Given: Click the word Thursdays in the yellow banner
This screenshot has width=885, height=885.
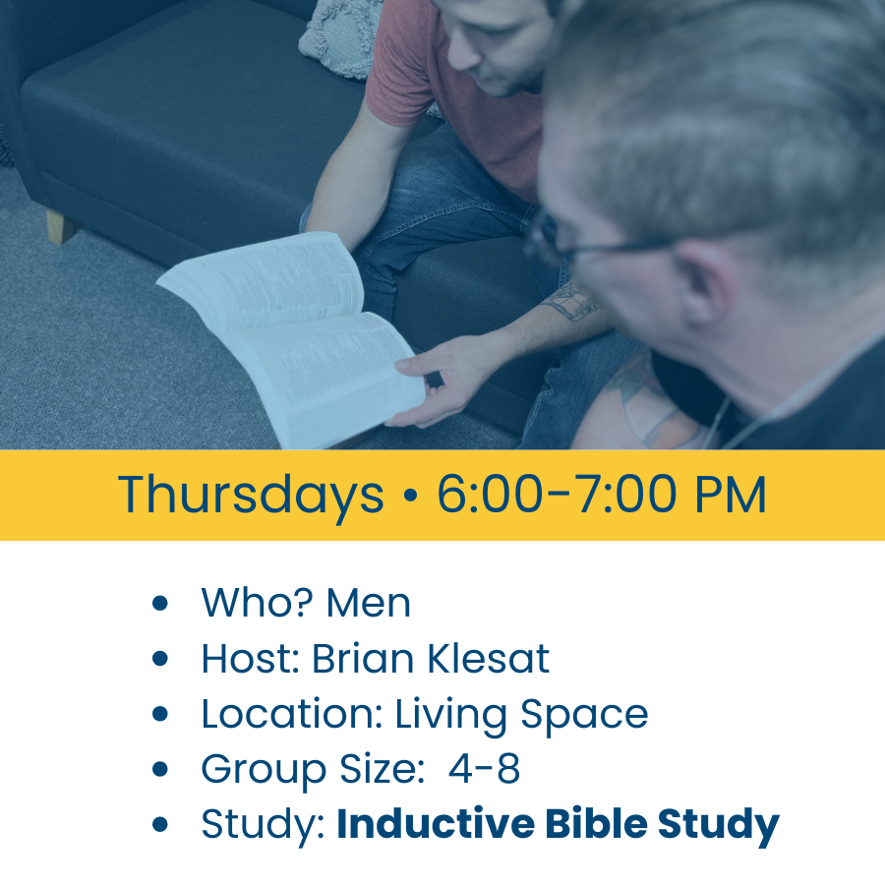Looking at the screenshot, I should pyautogui.click(x=251, y=495).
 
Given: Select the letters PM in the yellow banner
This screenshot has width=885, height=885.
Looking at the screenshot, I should pyautogui.click(x=730, y=495).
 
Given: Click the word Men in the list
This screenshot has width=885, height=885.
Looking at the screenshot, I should pyautogui.click(x=369, y=603).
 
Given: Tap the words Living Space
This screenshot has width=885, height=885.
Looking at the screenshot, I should pyautogui.click(x=521, y=715).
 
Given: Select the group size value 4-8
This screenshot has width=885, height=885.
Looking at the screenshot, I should pyautogui.click(x=484, y=769).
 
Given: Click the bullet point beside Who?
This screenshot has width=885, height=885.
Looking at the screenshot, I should pyautogui.click(x=161, y=604).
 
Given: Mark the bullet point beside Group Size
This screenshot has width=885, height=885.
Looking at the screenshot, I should pyautogui.click(x=161, y=770).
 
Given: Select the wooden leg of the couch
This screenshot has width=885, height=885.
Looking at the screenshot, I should pyautogui.click(x=59, y=226).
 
